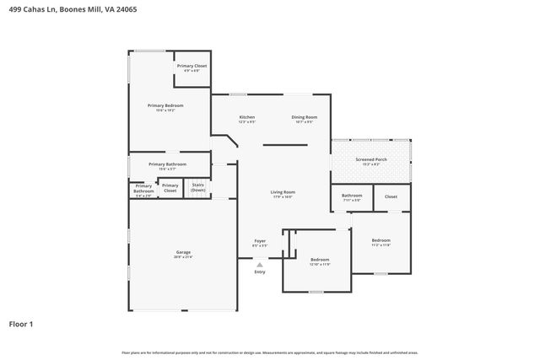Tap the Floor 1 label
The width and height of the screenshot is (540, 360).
[22, 324]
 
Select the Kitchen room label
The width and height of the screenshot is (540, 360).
[246, 117]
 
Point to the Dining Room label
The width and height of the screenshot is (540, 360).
[304, 117]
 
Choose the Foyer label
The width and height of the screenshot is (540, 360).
[260, 241]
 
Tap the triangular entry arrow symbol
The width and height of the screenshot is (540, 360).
[260, 264]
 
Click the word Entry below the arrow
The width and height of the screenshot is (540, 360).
[260, 271]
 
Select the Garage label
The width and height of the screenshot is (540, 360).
[183, 253]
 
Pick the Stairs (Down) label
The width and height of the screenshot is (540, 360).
[198, 187]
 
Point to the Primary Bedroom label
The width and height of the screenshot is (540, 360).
[165, 105]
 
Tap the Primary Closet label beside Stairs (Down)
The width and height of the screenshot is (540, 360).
[170, 188]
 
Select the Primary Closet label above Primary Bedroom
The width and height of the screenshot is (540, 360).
[192, 66]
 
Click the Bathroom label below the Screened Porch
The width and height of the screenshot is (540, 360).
[352, 196]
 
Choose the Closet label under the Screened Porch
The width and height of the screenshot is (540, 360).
[391, 196]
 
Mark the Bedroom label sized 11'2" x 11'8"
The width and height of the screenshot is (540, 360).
[381, 241]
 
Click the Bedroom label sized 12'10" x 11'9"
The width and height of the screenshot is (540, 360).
[320, 260]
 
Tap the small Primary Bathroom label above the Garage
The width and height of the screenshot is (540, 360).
[143, 188]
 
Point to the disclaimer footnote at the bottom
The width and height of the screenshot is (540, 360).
[270, 352]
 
